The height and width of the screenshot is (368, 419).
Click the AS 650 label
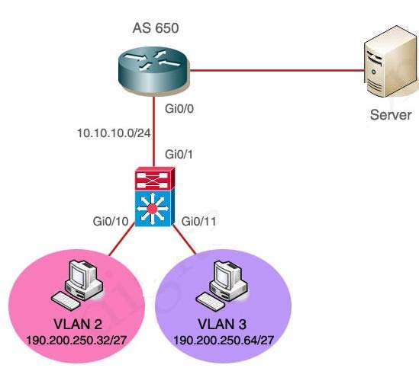[x=156, y=28]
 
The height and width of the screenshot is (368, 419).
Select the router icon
[x=154, y=71]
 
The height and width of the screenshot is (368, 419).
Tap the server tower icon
[x=392, y=62]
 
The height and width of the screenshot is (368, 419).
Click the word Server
[x=391, y=115]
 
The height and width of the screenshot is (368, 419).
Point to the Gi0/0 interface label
[x=179, y=109]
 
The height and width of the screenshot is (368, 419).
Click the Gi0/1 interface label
[x=179, y=154]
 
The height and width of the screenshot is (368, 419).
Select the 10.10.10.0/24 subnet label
[x=114, y=133]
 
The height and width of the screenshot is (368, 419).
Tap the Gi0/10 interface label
[x=111, y=221]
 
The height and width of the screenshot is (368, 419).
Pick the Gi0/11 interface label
[x=198, y=221]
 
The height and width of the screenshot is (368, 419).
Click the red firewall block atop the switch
[x=155, y=178]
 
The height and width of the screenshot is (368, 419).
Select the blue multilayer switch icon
[x=154, y=208]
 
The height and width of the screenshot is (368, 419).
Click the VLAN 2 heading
[x=78, y=325]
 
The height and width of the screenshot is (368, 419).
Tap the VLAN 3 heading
[x=222, y=325]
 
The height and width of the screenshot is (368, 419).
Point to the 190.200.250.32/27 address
[x=76, y=341]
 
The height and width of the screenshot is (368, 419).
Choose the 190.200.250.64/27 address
[x=224, y=341]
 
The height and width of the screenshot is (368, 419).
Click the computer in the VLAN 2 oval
[x=78, y=285]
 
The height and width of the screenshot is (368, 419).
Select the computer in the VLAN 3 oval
[x=222, y=285]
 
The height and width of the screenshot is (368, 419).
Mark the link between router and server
[x=277, y=70]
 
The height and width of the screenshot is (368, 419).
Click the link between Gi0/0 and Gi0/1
[x=154, y=131]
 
